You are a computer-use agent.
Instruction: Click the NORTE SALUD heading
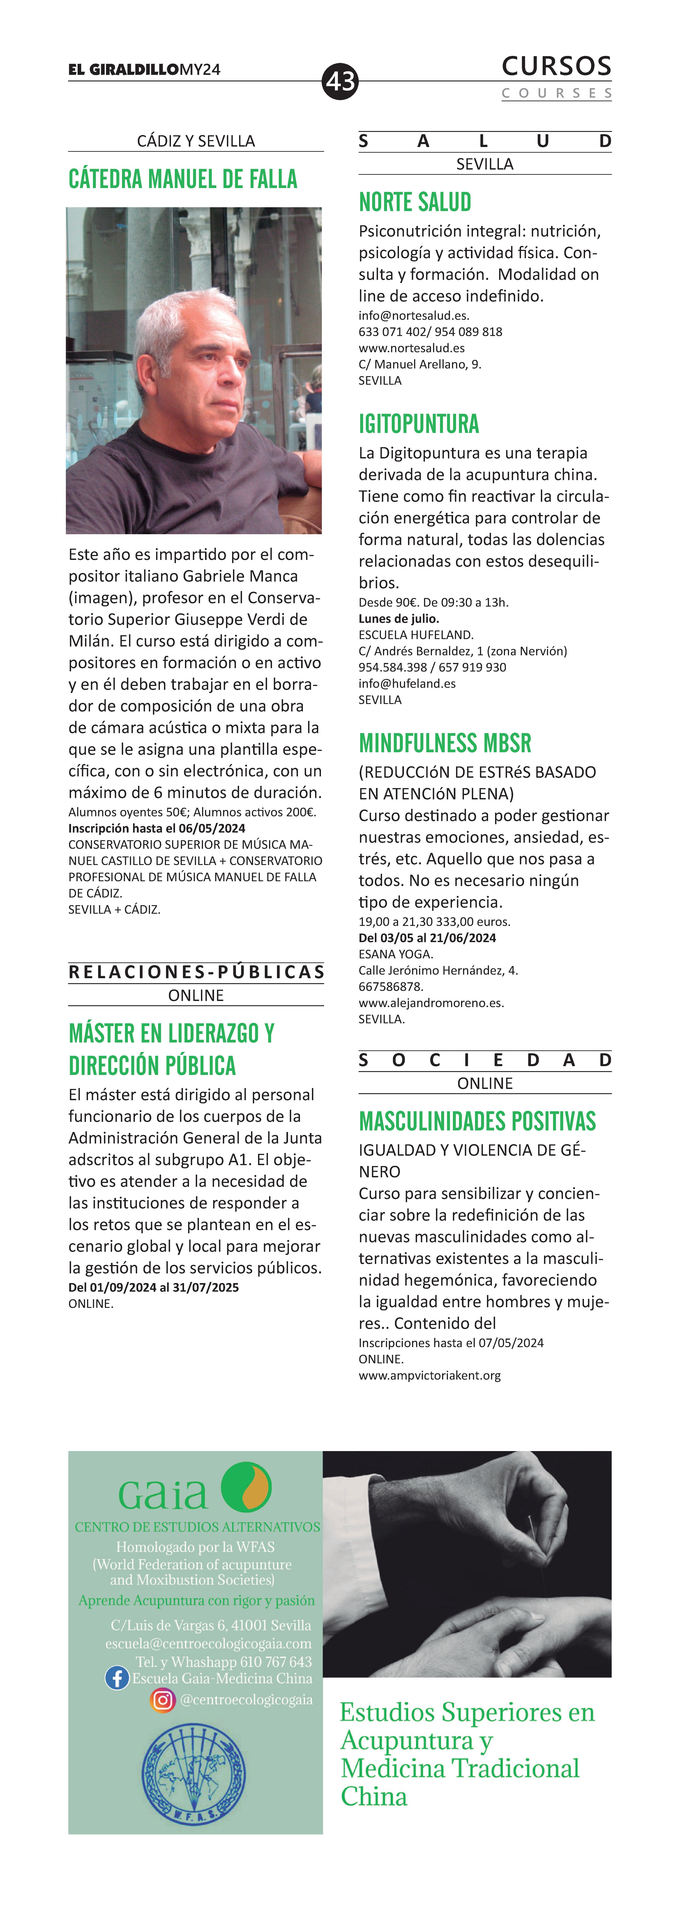point(415,202)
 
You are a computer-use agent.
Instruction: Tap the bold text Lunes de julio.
point(399,618)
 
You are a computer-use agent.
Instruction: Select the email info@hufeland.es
point(407,683)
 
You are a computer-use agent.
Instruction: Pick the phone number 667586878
point(390,987)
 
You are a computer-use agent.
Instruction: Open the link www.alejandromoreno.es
point(431,1003)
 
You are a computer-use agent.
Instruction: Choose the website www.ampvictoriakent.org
point(430,1376)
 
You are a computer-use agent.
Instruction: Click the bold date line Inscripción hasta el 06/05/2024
point(157,828)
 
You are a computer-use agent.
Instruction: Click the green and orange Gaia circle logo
point(246,1486)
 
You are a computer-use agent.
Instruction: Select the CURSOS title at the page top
point(556,67)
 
